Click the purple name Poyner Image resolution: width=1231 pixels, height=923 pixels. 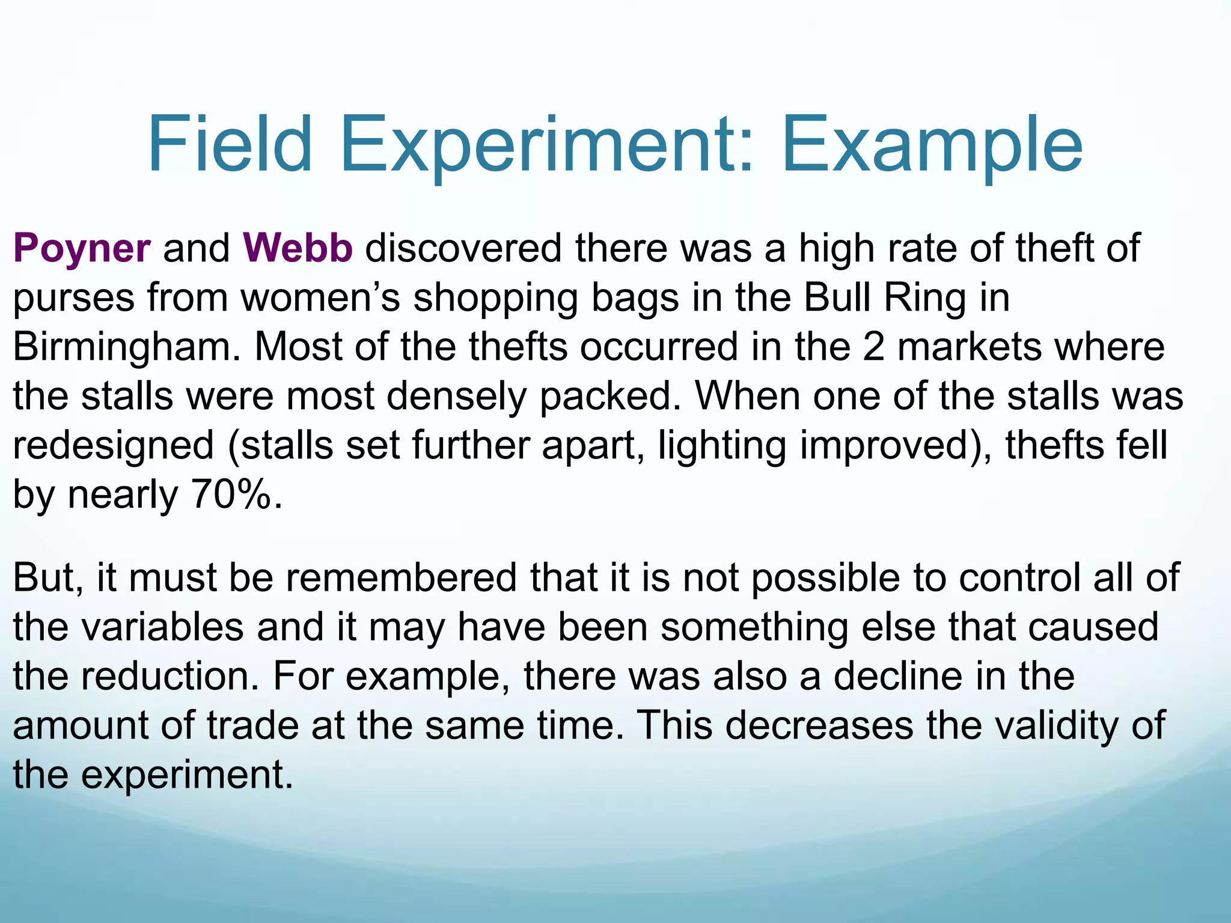(x=82, y=249)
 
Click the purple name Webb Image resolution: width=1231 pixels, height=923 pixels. (x=298, y=248)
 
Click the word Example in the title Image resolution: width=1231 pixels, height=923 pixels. (x=931, y=145)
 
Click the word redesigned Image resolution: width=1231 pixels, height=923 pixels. (x=114, y=446)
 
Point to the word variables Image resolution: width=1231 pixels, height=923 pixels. (x=162, y=627)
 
